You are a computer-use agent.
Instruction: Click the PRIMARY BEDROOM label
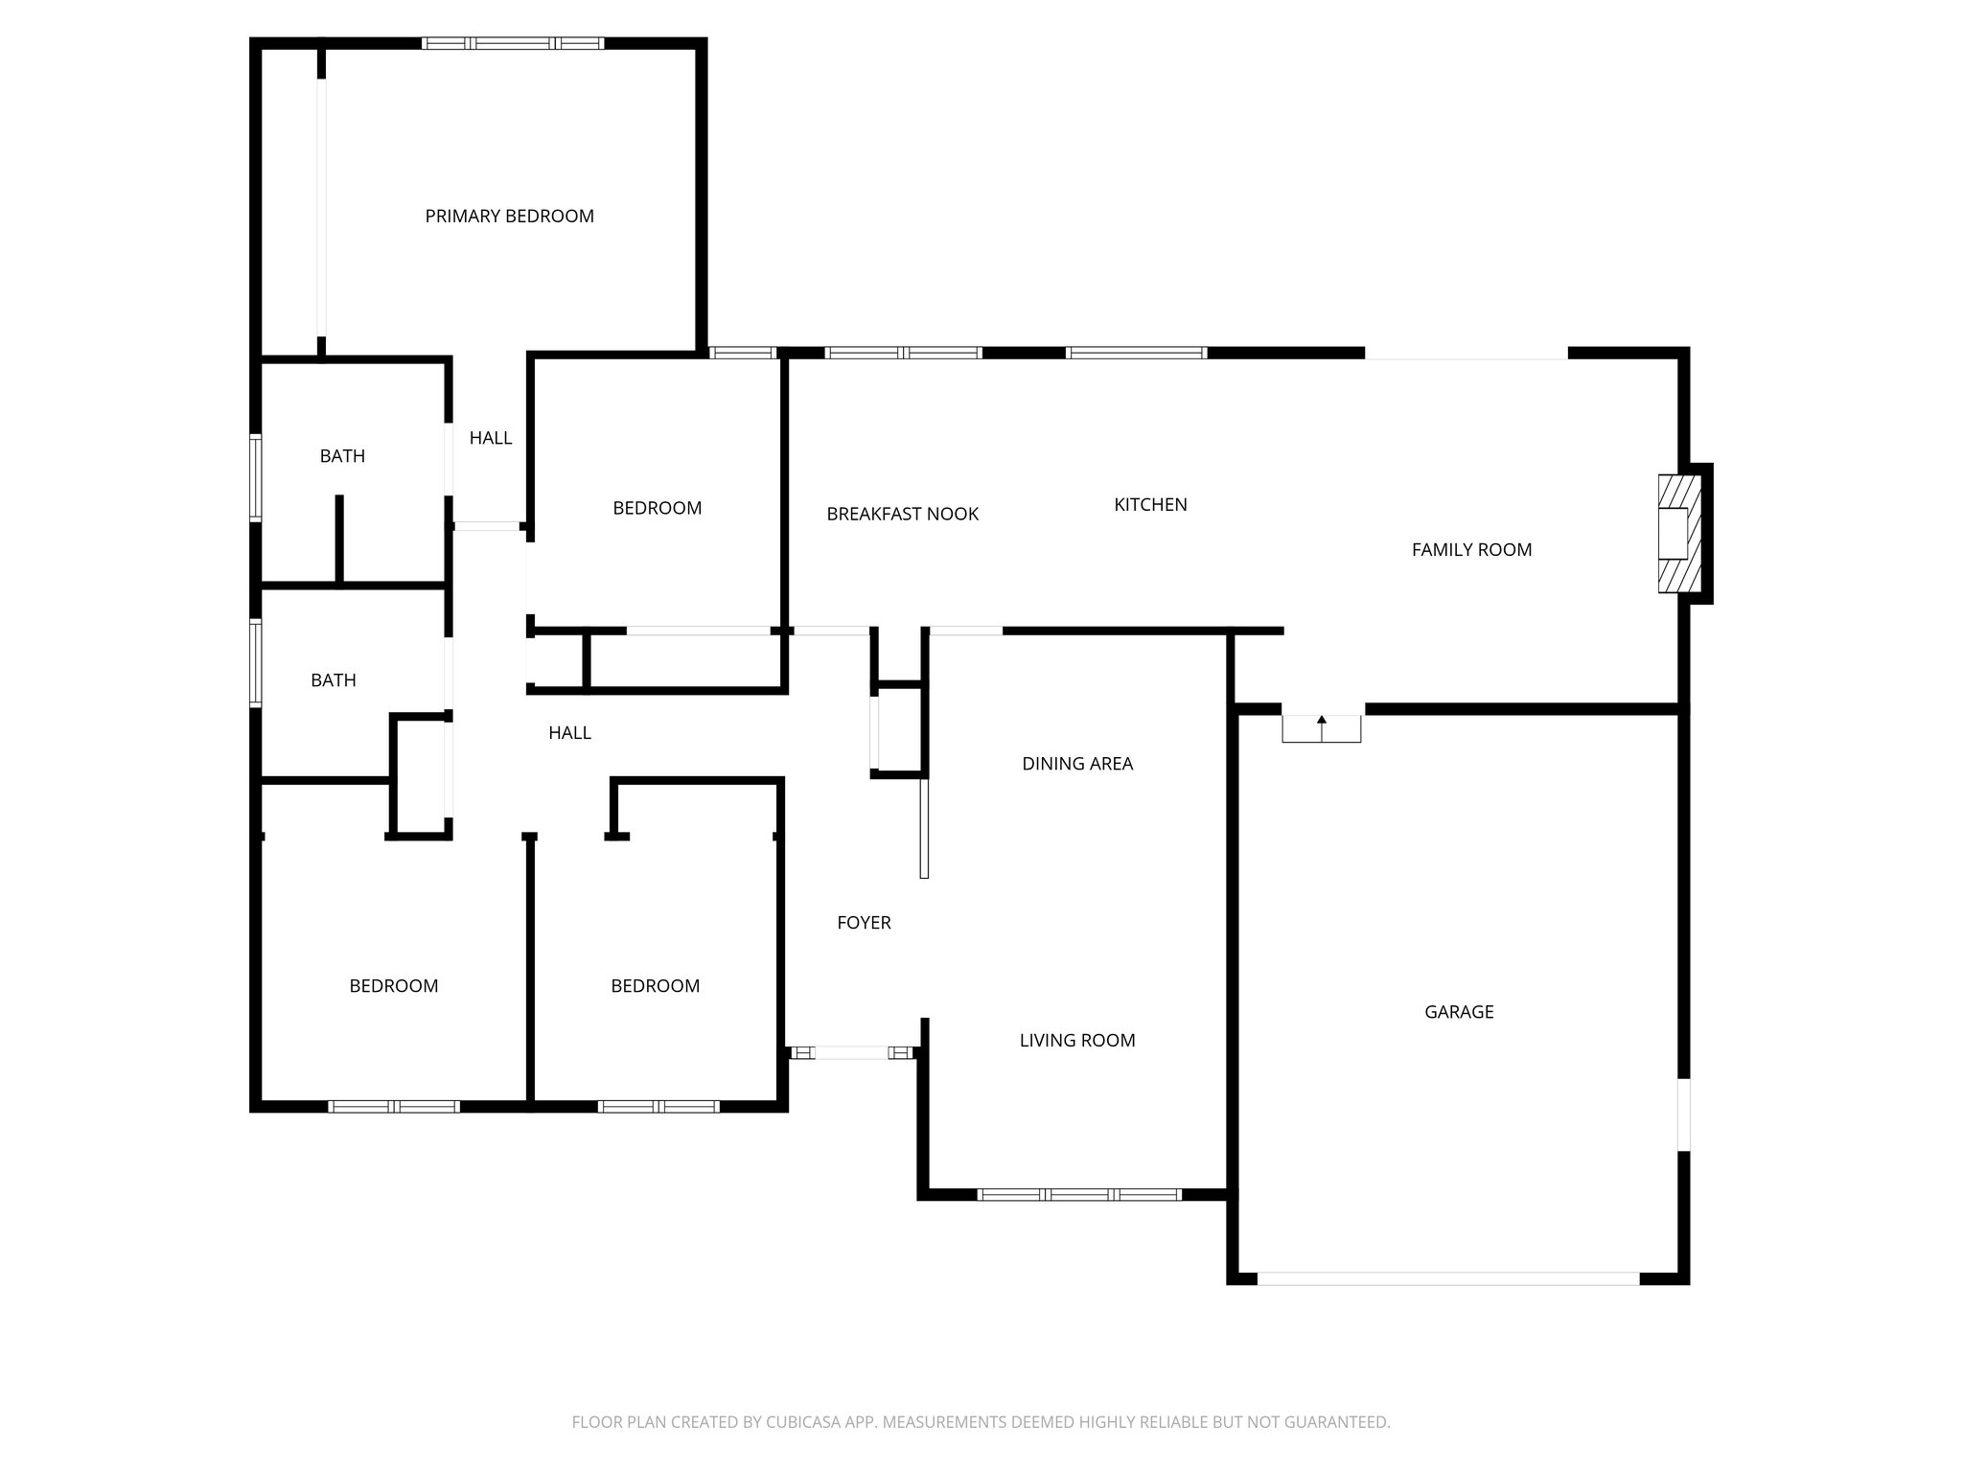tap(509, 217)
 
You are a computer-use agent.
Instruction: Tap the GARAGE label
tap(1459, 1012)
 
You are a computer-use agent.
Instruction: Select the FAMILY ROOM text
tap(1471, 550)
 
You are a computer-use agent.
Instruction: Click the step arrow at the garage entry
tap(1322, 728)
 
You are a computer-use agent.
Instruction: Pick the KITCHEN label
tap(1150, 505)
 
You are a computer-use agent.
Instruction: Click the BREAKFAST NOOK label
tap(902, 515)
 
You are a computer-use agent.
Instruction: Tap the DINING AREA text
tap(1077, 764)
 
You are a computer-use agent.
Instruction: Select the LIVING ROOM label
tap(1077, 1041)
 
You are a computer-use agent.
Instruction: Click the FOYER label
tap(864, 923)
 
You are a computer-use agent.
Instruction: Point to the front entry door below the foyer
tap(851, 1053)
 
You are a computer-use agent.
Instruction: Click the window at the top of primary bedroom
tap(513, 43)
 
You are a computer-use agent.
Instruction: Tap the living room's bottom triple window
tap(1078, 1195)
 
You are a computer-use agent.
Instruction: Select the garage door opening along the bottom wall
tap(1447, 1278)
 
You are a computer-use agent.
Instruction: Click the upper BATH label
tap(342, 456)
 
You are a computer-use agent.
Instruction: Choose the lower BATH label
tap(334, 680)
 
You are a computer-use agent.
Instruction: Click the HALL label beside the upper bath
tap(490, 438)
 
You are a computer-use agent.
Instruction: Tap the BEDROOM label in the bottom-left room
tap(393, 986)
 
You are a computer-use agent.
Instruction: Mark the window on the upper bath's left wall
tap(256, 477)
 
